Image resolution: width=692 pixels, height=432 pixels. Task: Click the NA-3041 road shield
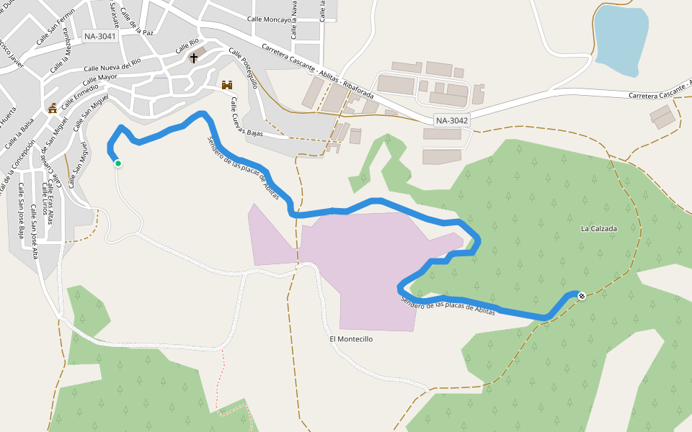(x=99, y=36)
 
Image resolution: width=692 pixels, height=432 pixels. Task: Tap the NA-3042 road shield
(x=452, y=121)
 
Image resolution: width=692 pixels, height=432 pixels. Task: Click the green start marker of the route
(x=117, y=163)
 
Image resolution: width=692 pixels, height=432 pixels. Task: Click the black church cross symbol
(x=193, y=57)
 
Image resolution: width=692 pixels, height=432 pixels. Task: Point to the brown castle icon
(x=227, y=85)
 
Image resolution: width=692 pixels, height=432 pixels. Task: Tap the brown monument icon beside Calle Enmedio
(x=52, y=109)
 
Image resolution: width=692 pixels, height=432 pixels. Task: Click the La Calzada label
(x=599, y=229)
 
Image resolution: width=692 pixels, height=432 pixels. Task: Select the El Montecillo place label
(x=351, y=338)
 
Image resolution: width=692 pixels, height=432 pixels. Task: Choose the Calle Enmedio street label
(x=75, y=96)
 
